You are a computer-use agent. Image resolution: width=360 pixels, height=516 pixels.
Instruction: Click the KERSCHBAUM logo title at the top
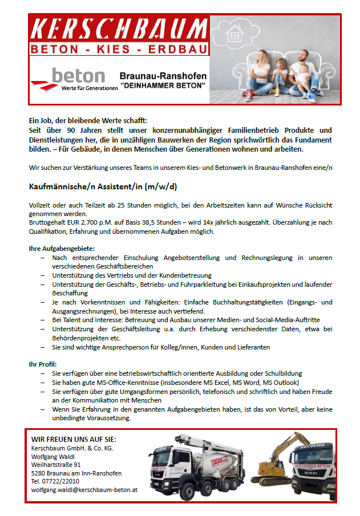[x=119, y=29]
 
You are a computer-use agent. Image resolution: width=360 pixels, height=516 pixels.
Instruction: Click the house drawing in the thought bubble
[x=235, y=34]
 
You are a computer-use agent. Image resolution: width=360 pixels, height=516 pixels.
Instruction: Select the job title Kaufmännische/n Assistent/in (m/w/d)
[x=103, y=186]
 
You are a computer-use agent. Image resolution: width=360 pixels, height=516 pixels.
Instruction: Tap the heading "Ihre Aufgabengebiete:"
[x=62, y=249]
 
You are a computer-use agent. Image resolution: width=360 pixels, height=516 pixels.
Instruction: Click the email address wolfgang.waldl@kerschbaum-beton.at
[x=84, y=489]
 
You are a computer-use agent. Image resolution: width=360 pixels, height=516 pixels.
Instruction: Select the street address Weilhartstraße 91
[x=56, y=465]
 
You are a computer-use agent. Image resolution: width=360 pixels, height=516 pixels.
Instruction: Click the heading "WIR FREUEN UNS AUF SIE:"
[x=74, y=439]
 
